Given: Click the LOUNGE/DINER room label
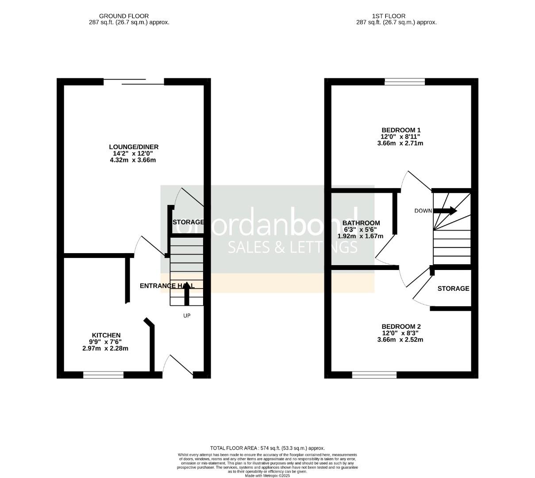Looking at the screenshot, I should click(134, 147).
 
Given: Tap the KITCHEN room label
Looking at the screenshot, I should click(106, 335).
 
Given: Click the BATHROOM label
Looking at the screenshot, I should click(361, 223).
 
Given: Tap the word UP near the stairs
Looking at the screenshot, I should click(187, 316).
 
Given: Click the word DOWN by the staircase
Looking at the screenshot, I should click(423, 211).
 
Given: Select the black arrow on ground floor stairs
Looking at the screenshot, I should click(186, 293).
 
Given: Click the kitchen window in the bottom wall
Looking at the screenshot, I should click(103, 375).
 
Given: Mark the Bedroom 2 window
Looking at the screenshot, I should click(374, 375).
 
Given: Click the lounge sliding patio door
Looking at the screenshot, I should click(134, 81).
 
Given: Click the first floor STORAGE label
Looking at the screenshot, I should click(453, 289).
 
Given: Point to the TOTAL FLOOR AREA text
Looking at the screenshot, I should click(267, 448).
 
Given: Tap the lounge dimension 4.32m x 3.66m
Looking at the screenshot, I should click(133, 160).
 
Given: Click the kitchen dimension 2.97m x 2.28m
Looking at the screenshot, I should click(105, 348).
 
